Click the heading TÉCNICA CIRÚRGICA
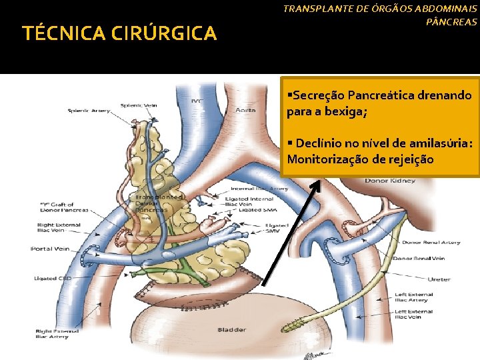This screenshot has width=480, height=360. (120, 33)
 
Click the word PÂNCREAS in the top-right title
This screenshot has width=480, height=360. (452, 22)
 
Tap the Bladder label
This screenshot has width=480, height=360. (232, 329)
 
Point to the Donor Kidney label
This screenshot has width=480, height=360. (390, 181)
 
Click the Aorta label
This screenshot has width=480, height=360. (245, 110)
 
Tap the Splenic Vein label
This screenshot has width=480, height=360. (138, 105)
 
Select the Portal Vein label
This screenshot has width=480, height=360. (50, 249)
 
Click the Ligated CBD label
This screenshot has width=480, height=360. (50, 278)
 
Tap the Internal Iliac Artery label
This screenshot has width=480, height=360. (260, 189)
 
